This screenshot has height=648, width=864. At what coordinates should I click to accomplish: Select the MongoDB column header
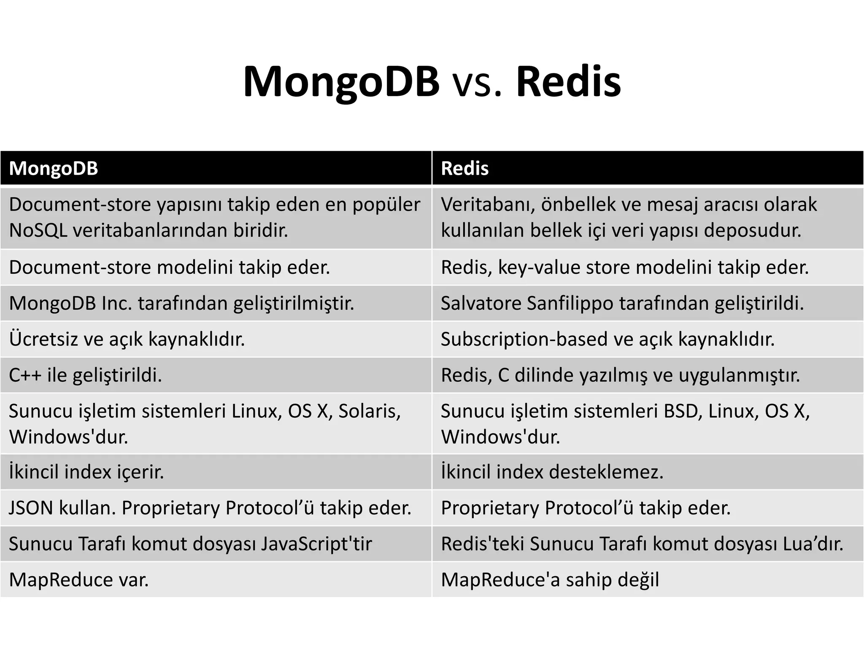[x=54, y=168]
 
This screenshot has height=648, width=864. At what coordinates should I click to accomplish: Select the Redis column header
[x=464, y=168]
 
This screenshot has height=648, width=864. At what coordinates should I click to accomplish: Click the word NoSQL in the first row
[x=38, y=230]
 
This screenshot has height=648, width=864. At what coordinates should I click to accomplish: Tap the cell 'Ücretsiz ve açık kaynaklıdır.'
[x=127, y=339]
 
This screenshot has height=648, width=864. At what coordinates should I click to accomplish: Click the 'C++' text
[x=25, y=375]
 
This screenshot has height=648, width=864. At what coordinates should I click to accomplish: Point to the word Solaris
[x=369, y=411]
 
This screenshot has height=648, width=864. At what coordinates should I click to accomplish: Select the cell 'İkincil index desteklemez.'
[x=552, y=472]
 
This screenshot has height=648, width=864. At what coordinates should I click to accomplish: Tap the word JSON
[x=31, y=508]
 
